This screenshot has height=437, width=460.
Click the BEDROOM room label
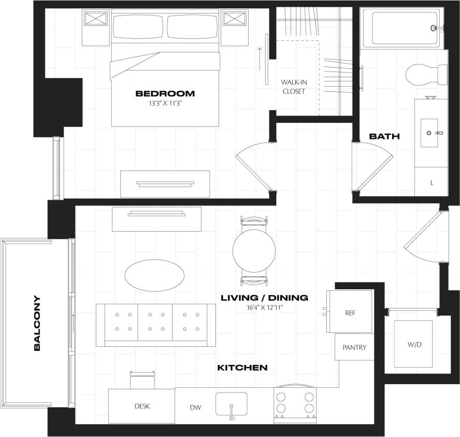coord(165,94)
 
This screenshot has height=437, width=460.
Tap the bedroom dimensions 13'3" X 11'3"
coord(165,103)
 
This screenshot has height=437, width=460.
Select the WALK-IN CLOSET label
coord(293,87)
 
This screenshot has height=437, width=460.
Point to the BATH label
coord(384,136)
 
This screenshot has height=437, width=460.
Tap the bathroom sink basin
coord(429,133)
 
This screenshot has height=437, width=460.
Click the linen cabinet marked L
coord(432,183)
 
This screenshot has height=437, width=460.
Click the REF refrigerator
coord(350,313)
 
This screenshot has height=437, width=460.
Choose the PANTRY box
coord(354,347)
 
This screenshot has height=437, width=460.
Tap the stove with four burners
coord(295,402)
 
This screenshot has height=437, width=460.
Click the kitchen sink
coord(231,403)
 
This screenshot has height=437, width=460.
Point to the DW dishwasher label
coord(195,407)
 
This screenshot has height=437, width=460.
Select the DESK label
coord(142,406)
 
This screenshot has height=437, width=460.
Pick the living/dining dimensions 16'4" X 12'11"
coord(264,307)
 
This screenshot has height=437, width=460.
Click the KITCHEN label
coord(242,368)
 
